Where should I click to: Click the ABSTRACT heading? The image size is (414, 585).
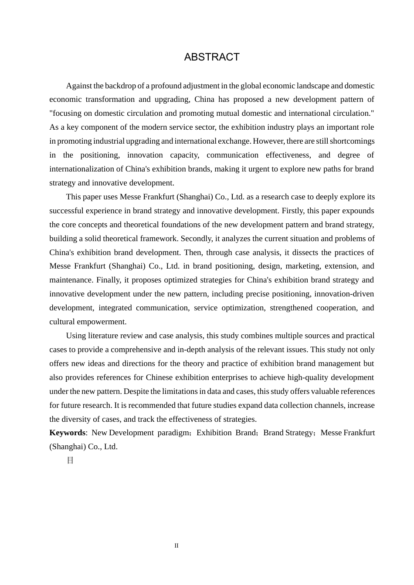point(212,57)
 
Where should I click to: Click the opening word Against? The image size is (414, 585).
point(78,86)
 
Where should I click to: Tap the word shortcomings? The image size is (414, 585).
point(352,141)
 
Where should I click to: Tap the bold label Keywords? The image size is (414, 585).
point(67,433)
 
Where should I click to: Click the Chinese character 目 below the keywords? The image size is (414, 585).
point(70,461)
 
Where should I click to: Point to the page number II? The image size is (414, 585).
point(176,546)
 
